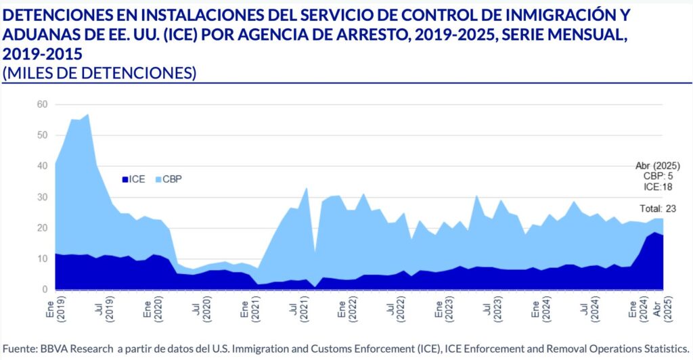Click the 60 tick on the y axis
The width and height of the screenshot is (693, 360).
42,104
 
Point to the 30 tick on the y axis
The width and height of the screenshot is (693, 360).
42,197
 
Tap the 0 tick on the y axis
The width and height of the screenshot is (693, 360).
45,290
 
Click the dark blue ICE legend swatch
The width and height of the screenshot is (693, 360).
125,179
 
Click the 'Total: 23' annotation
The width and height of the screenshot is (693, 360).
658,208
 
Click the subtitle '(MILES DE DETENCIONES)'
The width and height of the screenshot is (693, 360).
99,73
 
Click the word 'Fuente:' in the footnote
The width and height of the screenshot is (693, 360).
20,348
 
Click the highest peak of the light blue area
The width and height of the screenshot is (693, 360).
88,114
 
